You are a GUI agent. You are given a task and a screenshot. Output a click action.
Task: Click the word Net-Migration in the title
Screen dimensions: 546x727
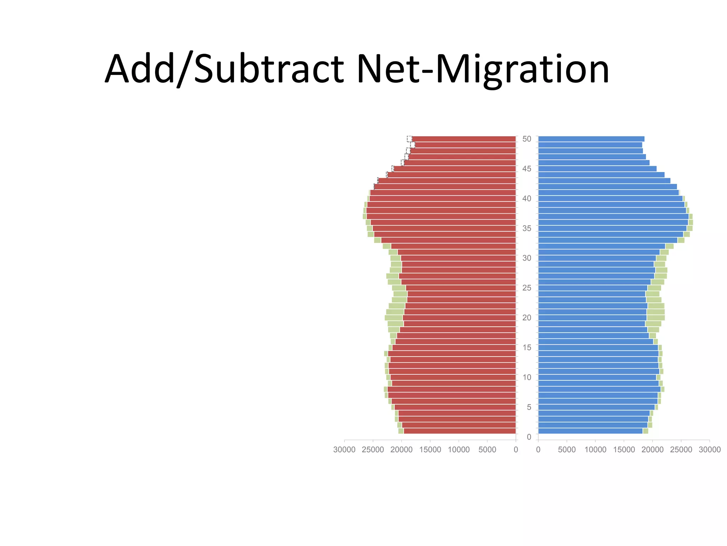(483, 69)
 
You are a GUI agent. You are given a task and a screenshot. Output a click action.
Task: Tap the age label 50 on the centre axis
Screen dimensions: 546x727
(527, 139)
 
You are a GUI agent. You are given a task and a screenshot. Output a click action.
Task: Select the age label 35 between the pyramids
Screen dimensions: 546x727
(527, 228)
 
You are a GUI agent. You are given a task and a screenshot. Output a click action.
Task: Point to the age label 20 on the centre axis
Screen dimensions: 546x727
(527, 317)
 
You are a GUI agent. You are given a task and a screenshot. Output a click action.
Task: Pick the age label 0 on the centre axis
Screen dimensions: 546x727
(529, 437)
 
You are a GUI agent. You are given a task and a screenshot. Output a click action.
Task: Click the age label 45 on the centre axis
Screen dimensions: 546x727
(527, 169)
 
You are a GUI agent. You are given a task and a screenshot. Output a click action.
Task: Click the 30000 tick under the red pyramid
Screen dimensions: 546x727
(344, 450)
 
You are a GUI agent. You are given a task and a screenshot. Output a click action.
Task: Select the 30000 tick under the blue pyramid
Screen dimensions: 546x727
(709, 450)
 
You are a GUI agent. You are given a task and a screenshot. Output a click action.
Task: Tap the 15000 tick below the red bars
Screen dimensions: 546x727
(430, 450)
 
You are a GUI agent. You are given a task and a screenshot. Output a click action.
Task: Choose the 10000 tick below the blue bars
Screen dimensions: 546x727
(595, 450)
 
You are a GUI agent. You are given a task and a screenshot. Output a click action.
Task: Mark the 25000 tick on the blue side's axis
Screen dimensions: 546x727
(681, 450)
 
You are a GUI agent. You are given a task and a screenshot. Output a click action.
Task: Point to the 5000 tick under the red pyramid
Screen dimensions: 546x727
(487, 450)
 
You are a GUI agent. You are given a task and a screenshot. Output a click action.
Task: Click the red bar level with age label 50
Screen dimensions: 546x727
(463, 139)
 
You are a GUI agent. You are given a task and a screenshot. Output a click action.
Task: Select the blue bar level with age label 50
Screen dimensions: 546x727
(591, 139)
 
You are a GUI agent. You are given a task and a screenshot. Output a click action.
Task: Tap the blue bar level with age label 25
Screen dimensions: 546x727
(593, 288)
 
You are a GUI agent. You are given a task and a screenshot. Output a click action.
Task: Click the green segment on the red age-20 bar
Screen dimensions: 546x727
(393, 318)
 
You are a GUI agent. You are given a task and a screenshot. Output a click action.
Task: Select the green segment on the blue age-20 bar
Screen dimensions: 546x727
(656, 318)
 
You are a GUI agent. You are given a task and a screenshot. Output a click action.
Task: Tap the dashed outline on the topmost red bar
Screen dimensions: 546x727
(409, 139)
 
